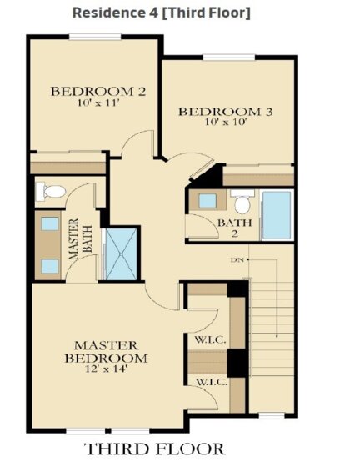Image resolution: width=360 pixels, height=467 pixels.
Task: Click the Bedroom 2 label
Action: click(x=98, y=92)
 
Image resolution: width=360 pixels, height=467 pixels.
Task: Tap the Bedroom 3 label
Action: click(x=226, y=112)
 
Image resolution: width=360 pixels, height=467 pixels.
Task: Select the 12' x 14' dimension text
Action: click(x=106, y=369)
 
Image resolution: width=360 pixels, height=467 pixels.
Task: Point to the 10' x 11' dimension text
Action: click(x=98, y=103)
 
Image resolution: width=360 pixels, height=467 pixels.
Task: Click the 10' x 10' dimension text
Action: click(x=226, y=122)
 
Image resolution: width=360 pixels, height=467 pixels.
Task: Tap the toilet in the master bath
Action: click(x=51, y=191)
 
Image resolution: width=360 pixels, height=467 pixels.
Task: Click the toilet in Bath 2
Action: click(x=242, y=202)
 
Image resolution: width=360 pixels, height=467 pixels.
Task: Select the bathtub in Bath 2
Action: click(x=277, y=215)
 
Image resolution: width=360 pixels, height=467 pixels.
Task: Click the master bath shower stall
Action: click(x=122, y=254)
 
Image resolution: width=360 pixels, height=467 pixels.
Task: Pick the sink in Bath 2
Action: click(x=207, y=201)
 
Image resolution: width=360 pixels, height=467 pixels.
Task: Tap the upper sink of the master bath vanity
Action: click(x=50, y=223)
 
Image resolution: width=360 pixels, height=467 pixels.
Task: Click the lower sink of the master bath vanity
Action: click(x=50, y=266)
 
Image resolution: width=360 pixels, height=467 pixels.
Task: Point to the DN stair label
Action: click(x=237, y=260)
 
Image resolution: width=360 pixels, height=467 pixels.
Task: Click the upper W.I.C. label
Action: click(x=210, y=340)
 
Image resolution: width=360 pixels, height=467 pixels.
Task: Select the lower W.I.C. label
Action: click(x=212, y=383)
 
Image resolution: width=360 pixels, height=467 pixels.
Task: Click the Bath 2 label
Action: click(x=235, y=228)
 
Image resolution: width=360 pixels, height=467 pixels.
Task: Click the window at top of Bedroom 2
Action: click(x=95, y=37)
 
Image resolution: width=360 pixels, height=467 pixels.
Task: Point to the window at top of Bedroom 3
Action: click(x=229, y=57)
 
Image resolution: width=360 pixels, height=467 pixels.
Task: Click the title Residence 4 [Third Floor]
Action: click(x=162, y=13)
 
